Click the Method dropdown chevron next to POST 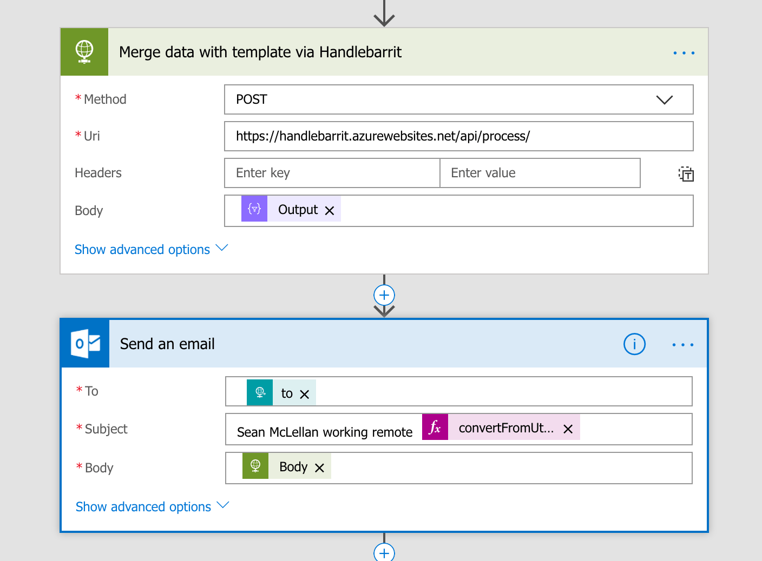664,100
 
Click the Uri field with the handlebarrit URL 458,136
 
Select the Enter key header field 332,173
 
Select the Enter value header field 540,173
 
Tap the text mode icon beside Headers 686,174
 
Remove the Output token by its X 330,211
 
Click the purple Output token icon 254,209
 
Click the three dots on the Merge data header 684,53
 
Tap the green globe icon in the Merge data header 84,52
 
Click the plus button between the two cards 384,295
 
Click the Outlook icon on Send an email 86,344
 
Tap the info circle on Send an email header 634,344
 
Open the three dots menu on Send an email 683,345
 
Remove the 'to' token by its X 305,395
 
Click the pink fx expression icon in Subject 435,428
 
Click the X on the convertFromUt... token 568,429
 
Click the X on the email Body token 320,468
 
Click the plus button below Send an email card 384,553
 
